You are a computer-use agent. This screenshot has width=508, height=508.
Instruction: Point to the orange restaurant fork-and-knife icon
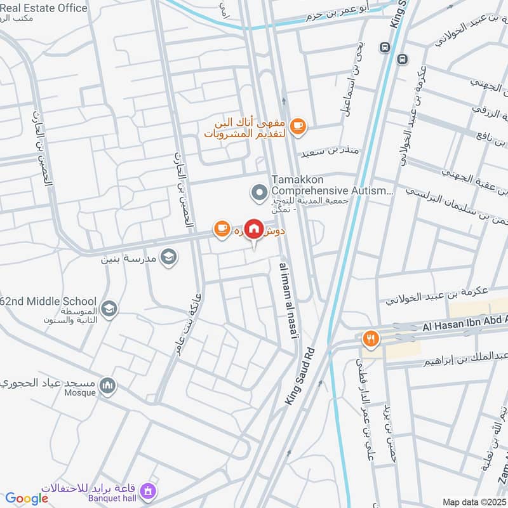click(x=370, y=339)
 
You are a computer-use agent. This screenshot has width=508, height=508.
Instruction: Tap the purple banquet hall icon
click(x=148, y=490)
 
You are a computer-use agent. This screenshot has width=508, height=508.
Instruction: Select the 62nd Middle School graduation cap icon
click(x=109, y=308)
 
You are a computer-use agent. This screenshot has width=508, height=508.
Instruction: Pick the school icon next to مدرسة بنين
click(x=168, y=257)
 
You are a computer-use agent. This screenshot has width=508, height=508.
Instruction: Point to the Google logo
click(x=27, y=498)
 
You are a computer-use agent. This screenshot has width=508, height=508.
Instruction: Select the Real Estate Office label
click(x=44, y=8)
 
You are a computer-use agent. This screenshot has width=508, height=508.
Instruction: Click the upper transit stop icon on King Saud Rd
click(x=384, y=48)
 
